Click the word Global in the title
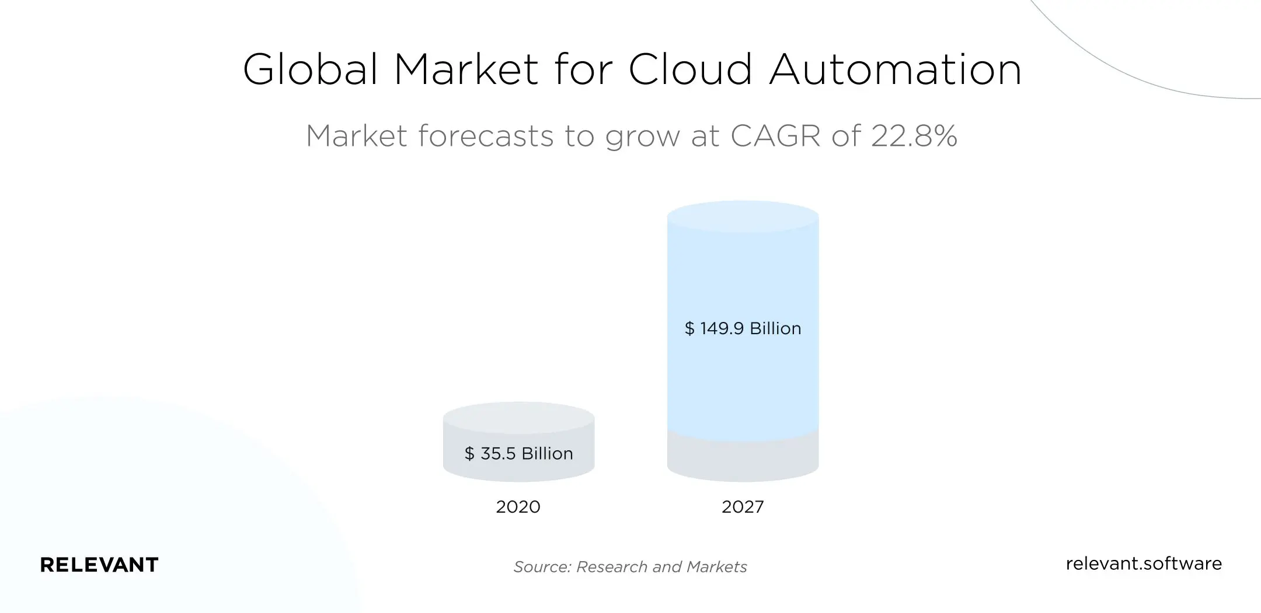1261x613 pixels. (310, 69)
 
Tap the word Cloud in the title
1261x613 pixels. (690, 69)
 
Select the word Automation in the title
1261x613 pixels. (896, 69)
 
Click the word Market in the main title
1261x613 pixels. (465, 69)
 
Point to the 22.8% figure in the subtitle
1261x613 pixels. (914, 136)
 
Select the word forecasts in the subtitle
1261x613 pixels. (486, 136)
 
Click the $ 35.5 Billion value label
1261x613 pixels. (518, 453)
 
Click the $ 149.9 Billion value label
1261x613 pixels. (743, 328)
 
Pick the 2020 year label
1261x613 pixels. (518, 506)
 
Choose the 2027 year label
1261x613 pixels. (743, 506)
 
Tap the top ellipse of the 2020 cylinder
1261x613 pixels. (518, 418)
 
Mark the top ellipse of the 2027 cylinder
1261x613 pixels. (743, 217)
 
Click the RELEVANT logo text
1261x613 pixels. (99, 565)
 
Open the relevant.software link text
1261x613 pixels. (1143, 563)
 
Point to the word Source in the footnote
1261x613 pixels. (541, 567)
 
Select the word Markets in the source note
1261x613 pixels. (717, 567)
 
